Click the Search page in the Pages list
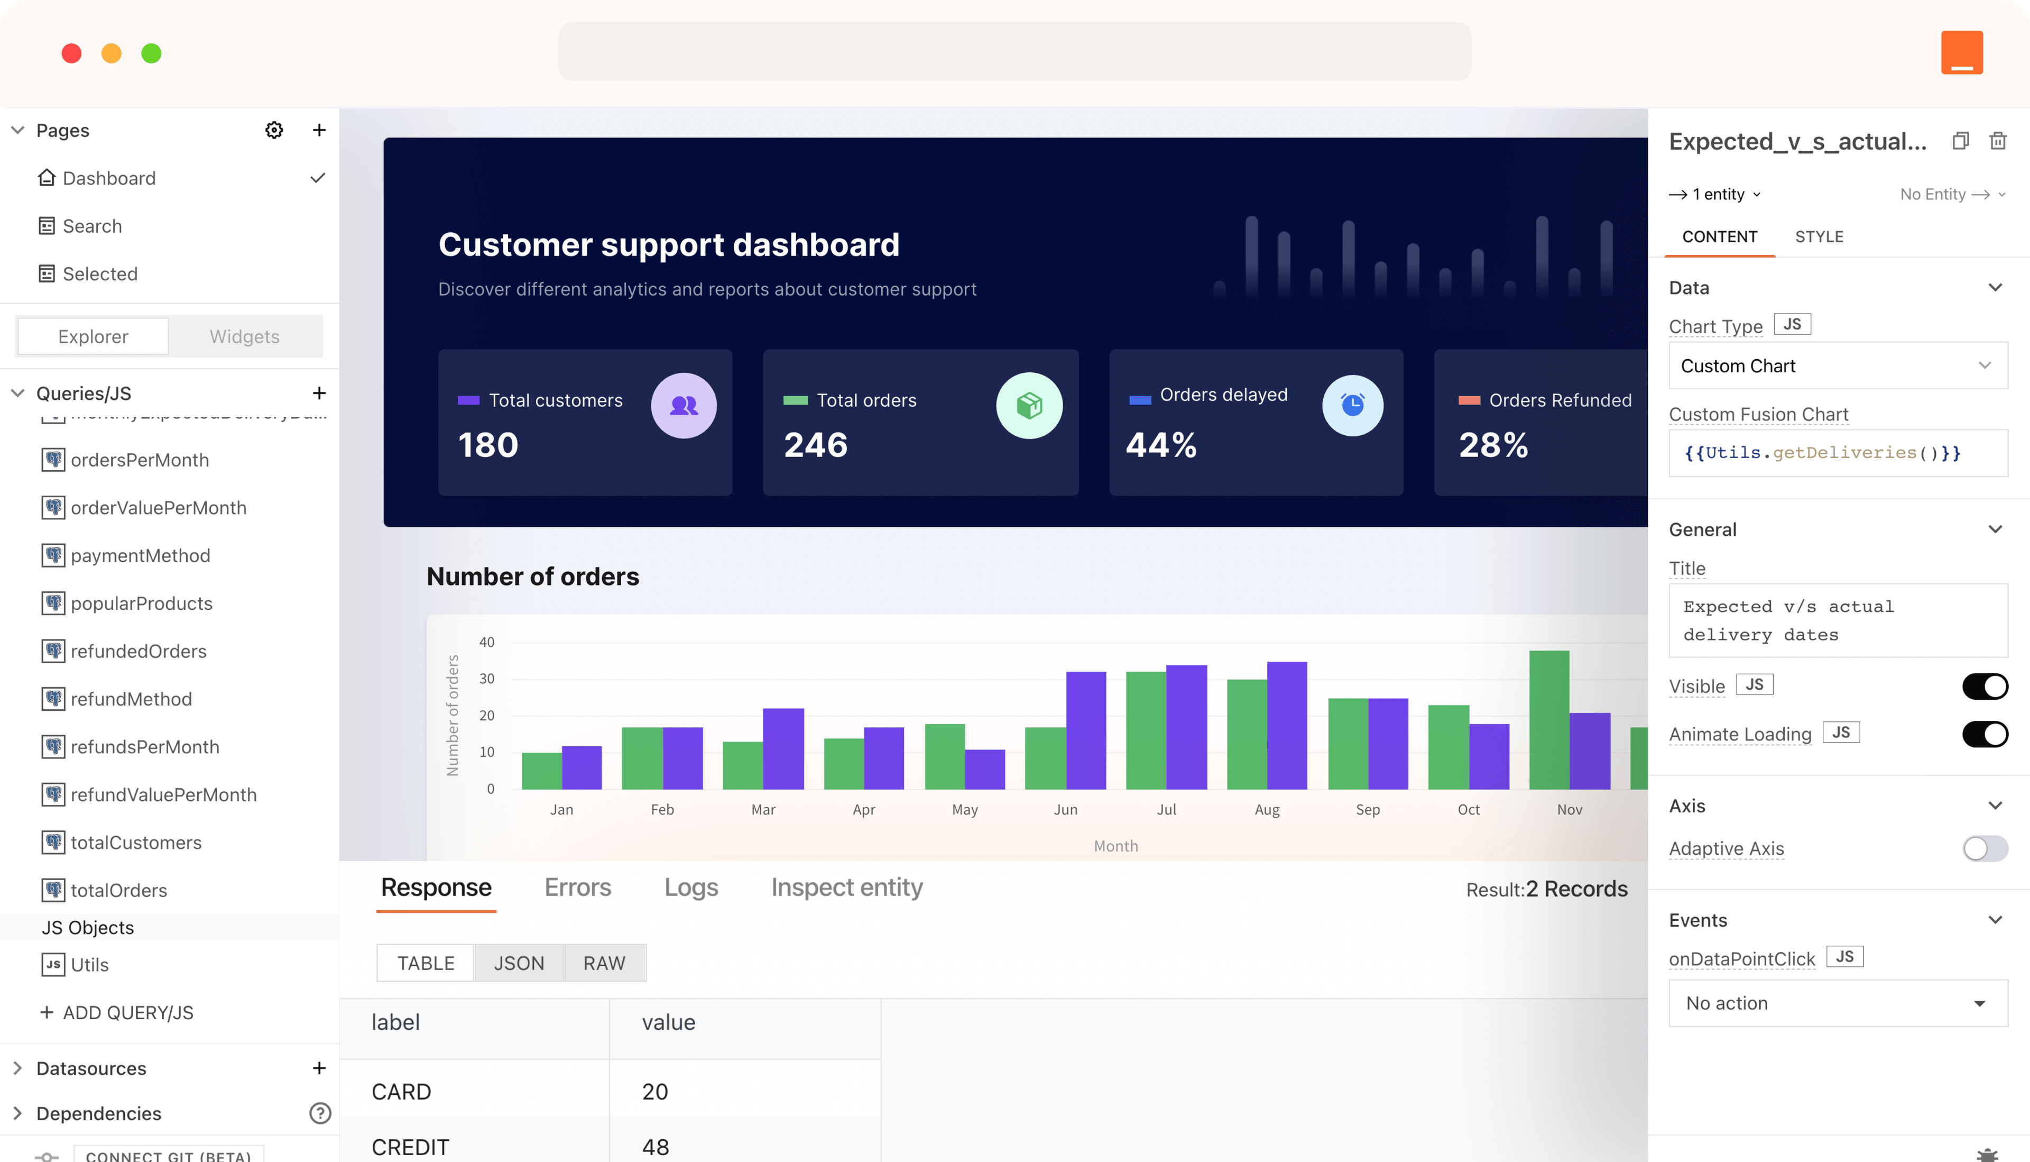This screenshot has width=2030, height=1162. coord(92,226)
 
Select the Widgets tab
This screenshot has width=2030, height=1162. coord(244,336)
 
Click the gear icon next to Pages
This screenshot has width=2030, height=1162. coord(274,130)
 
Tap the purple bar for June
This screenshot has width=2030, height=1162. coord(1086,730)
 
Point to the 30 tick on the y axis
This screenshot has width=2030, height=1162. coord(486,679)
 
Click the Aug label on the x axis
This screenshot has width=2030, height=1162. coord(1267,809)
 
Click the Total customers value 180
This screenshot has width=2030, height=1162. coord(488,444)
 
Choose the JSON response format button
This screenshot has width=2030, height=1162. coord(519,963)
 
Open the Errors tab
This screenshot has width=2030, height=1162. coord(577,887)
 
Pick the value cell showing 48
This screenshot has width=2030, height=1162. coord(656,1147)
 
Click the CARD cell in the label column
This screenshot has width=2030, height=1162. coord(401,1091)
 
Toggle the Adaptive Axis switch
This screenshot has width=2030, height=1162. coord(1985,848)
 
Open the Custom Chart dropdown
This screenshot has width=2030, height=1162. coord(1837,365)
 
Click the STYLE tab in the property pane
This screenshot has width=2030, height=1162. coord(1819,237)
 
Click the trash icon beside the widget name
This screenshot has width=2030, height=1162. coord(1997,141)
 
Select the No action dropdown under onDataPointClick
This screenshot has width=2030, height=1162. coord(1837,1003)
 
